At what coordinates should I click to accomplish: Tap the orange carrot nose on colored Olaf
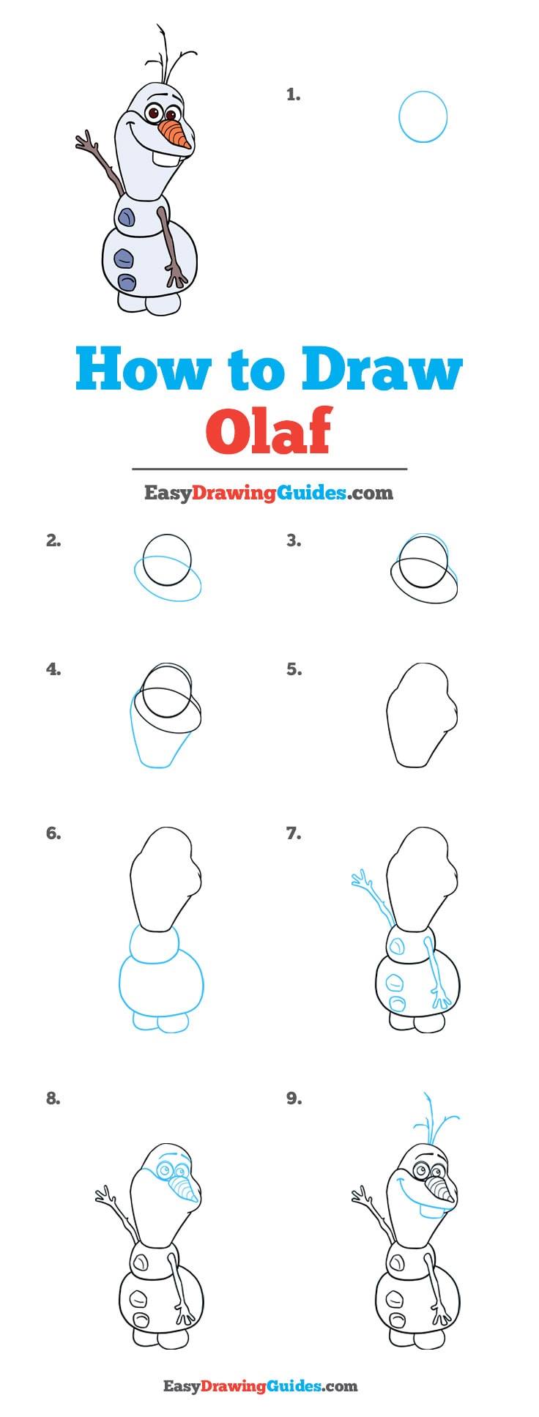(x=176, y=133)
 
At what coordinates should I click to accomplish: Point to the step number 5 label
(x=294, y=669)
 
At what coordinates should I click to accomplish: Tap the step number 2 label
(x=53, y=541)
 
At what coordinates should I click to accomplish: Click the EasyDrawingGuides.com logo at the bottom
(x=260, y=1386)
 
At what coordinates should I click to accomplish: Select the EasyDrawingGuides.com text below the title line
(x=268, y=493)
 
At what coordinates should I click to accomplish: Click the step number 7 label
(x=294, y=833)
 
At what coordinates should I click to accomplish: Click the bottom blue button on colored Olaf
(x=127, y=283)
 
